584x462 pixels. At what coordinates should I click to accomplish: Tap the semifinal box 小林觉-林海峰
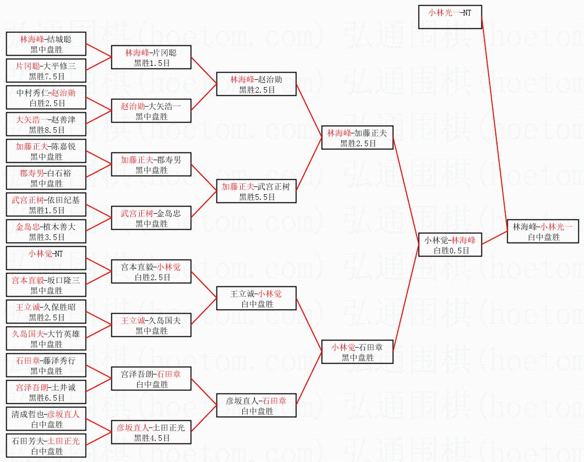pyautogui.click(x=449, y=245)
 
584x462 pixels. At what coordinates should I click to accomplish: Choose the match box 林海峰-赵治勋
pyautogui.click(x=256, y=84)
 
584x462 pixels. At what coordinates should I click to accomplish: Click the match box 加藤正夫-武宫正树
pyautogui.click(x=256, y=191)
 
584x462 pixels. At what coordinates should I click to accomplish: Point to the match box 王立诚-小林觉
pyautogui.click(x=256, y=298)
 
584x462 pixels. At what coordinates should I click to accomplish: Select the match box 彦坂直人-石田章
pyautogui.click(x=256, y=405)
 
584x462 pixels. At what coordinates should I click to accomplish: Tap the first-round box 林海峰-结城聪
pyautogui.click(x=46, y=44)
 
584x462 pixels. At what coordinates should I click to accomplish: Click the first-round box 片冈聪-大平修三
pyautogui.click(x=46, y=71)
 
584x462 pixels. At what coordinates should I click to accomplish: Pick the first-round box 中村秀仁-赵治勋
pyautogui.click(x=46, y=97)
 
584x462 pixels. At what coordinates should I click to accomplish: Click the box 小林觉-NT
pyautogui.click(x=46, y=258)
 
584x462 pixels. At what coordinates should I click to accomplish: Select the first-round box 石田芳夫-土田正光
pyautogui.click(x=46, y=446)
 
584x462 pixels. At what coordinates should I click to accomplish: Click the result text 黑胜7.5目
pyautogui.click(x=46, y=76)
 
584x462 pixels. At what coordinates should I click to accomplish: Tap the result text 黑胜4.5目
pyautogui.click(x=152, y=438)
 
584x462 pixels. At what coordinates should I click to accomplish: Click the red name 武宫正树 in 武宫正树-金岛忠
pyautogui.click(x=137, y=213)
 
